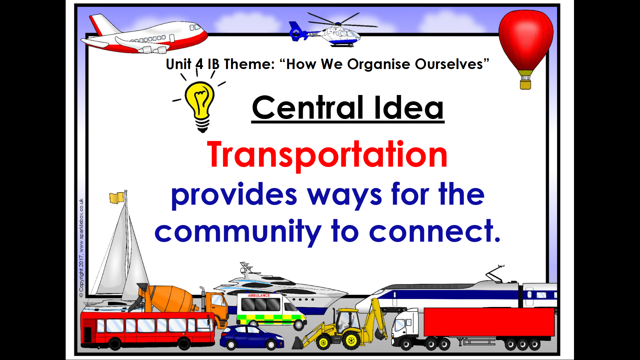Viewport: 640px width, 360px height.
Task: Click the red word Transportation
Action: [327, 155]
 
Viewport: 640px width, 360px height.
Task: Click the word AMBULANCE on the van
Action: [259, 296]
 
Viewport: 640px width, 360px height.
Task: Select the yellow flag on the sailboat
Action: [117, 198]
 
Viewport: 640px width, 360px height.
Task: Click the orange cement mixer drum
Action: [170, 298]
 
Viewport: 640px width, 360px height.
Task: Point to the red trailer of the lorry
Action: [489, 322]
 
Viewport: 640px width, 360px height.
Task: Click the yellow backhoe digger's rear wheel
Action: [351, 340]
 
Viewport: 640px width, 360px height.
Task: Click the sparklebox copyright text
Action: [81, 248]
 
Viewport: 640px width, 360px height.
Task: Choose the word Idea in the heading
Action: [409, 107]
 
